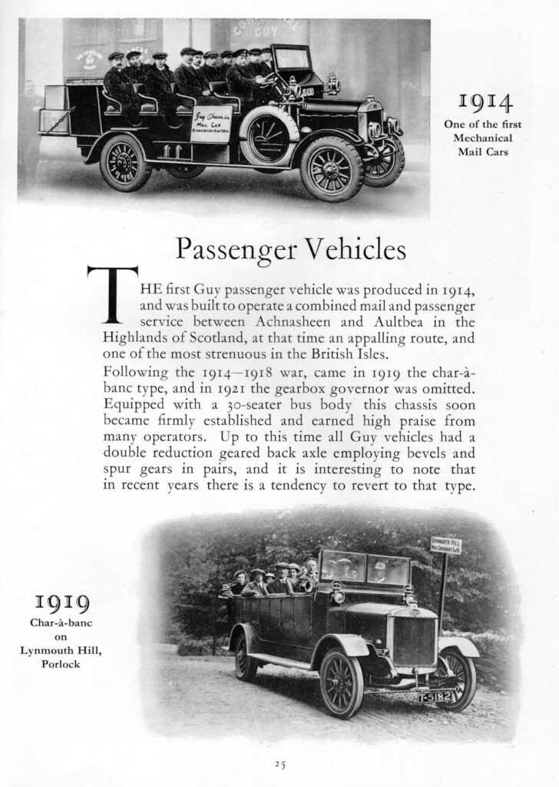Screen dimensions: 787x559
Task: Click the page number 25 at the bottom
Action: pyautogui.click(x=279, y=763)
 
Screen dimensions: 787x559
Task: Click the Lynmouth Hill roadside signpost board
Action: pyautogui.click(x=445, y=545)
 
